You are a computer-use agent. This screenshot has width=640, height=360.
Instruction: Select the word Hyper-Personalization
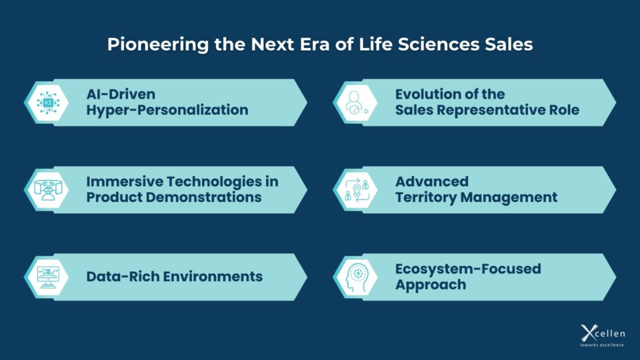(x=167, y=110)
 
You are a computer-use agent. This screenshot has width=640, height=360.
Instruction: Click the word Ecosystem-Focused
(x=468, y=269)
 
